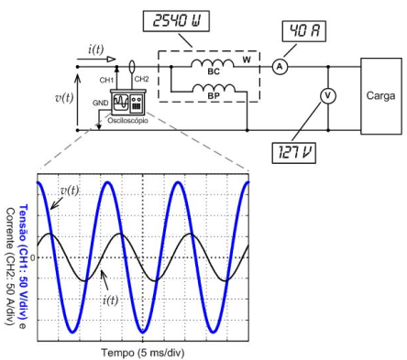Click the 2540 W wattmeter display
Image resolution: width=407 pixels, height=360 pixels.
click(x=176, y=21)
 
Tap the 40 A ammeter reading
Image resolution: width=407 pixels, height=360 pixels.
click(x=304, y=31)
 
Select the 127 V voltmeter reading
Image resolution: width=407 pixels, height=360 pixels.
click(x=294, y=152)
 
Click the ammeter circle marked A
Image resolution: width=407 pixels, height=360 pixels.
click(x=280, y=67)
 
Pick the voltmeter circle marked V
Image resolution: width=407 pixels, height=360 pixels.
click(x=328, y=96)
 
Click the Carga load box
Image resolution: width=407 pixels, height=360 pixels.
click(x=381, y=96)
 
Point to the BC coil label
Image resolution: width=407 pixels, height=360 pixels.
click(x=214, y=71)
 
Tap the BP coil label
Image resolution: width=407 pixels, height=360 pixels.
click(x=214, y=96)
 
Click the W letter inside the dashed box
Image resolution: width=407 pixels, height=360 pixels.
click(x=247, y=60)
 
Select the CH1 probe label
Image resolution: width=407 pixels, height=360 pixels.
click(x=106, y=81)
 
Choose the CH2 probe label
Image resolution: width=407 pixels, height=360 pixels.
click(x=141, y=80)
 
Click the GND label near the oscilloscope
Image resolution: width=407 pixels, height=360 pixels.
click(x=101, y=104)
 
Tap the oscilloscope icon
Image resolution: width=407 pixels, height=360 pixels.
click(x=127, y=102)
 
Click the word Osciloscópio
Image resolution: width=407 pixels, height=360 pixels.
click(x=127, y=121)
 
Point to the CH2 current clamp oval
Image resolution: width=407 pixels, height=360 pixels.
click(x=132, y=67)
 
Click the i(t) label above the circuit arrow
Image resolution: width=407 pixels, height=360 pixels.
click(x=96, y=49)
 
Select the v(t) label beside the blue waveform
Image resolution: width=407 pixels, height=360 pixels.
click(x=70, y=191)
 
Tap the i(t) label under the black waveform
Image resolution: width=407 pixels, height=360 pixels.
click(x=110, y=300)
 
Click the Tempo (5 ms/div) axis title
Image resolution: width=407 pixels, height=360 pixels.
click(x=143, y=353)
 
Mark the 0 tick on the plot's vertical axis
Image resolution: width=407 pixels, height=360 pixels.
click(x=32, y=257)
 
